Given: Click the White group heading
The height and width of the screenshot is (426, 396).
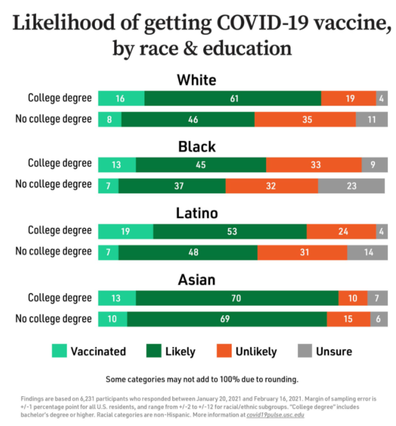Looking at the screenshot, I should tap(196, 80).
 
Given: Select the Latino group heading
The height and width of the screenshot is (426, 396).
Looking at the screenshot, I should tap(196, 214).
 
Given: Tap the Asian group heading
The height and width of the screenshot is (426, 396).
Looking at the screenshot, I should tap(196, 280).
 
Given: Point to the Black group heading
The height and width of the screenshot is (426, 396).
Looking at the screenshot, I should tap(196, 147).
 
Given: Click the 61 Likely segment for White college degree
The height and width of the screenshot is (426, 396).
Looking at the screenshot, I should tap(233, 98).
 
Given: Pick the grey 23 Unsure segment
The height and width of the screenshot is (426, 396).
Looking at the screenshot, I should tap(351, 186).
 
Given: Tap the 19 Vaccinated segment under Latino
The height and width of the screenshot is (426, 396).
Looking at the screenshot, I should tap(125, 232).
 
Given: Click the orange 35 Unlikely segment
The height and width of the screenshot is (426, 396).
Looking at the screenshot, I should tap(305, 119).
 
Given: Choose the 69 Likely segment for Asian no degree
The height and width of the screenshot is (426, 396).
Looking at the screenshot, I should tap(226, 319).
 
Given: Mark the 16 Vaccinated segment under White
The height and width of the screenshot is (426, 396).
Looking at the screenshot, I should tap(121, 98).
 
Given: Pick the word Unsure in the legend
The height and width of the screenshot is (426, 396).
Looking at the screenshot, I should tap(334, 352).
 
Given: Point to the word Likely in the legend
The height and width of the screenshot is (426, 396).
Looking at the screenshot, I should tap(180, 352).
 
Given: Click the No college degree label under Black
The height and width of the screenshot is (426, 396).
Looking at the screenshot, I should tap(53, 185).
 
